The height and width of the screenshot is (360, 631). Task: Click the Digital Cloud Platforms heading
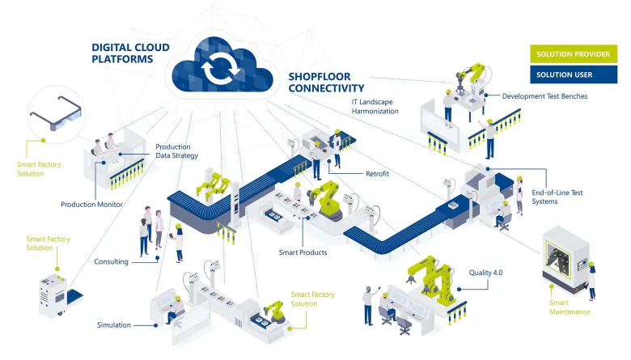(130, 53)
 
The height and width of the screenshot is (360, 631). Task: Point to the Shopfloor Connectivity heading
(326, 83)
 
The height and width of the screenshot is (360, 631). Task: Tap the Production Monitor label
(91, 205)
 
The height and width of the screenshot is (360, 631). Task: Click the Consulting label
(111, 261)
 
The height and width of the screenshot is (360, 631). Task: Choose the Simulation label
(114, 324)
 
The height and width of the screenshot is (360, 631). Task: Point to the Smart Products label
(303, 252)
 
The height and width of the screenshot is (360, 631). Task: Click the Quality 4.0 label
(486, 273)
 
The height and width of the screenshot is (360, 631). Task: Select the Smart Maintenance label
(570, 307)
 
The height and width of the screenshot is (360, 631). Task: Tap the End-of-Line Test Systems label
(557, 197)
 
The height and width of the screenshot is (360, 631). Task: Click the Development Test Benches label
(544, 96)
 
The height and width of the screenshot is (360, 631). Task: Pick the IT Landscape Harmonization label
(375, 106)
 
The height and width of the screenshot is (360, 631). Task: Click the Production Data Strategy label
(176, 151)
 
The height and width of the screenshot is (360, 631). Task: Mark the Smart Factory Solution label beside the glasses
(39, 168)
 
